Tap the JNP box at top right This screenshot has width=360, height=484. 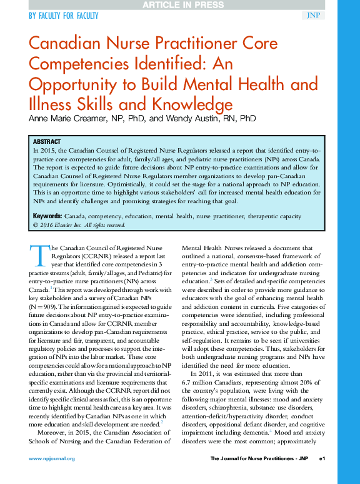point(313,15)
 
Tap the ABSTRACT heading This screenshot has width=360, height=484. point(47,142)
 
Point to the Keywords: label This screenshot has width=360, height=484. point(47,216)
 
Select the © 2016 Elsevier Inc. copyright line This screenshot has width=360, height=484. point(79,224)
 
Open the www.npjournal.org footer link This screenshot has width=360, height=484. point(52,458)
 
